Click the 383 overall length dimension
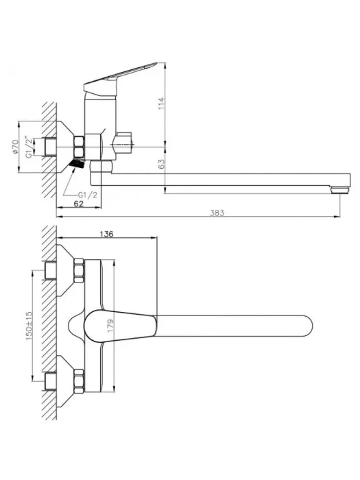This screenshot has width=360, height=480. (x=217, y=213)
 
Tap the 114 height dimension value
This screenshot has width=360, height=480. (x=162, y=104)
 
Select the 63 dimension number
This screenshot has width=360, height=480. (x=162, y=163)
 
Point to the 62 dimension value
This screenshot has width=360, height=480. (x=79, y=204)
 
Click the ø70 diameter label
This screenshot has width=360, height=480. (x=15, y=147)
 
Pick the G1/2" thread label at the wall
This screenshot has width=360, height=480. (x=29, y=147)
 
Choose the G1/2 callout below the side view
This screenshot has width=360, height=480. (x=88, y=195)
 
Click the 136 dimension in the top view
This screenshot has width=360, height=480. (x=106, y=235)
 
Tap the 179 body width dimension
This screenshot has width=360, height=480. (x=110, y=326)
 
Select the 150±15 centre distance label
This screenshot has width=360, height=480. (x=29, y=326)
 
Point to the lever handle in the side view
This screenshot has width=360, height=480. (x=119, y=80)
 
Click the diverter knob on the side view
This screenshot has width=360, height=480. (x=123, y=143)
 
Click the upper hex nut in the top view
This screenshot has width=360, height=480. (x=79, y=270)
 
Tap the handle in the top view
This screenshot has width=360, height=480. (x=121, y=326)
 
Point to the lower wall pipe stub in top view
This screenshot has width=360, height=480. (x=51, y=381)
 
